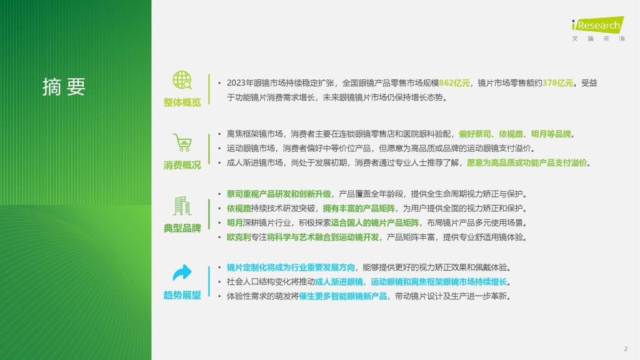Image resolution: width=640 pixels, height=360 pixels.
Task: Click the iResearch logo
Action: (x=598, y=29)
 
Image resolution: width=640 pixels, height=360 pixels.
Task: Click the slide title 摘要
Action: (x=64, y=86)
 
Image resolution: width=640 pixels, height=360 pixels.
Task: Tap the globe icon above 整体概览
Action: (x=182, y=80)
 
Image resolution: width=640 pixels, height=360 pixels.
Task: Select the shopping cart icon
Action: (x=182, y=142)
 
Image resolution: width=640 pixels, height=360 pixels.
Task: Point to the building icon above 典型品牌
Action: (x=182, y=206)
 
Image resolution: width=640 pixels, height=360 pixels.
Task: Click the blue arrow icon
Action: (x=182, y=272)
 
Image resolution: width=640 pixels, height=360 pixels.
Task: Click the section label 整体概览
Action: (x=182, y=102)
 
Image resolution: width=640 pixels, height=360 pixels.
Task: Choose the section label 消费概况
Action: (x=182, y=165)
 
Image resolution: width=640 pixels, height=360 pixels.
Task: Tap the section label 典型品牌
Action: (x=182, y=228)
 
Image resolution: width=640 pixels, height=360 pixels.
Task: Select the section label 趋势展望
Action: (x=182, y=295)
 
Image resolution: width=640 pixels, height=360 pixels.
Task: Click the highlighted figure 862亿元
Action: (x=454, y=83)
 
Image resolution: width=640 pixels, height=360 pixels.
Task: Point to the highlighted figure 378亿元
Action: (x=557, y=83)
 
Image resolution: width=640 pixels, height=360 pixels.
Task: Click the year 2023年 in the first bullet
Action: (x=240, y=83)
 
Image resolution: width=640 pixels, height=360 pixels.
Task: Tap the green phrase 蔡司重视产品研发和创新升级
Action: (x=279, y=194)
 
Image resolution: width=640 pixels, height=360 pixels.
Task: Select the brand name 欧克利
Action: (x=239, y=237)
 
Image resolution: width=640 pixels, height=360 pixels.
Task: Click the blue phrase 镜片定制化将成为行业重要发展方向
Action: (x=291, y=267)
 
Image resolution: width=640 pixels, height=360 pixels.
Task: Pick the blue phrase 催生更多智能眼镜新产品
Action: (x=343, y=296)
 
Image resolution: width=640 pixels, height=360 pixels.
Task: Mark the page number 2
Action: (x=626, y=349)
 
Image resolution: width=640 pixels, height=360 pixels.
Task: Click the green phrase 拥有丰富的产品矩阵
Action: (x=359, y=209)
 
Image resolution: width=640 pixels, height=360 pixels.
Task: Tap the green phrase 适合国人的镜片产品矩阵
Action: (x=375, y=223)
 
